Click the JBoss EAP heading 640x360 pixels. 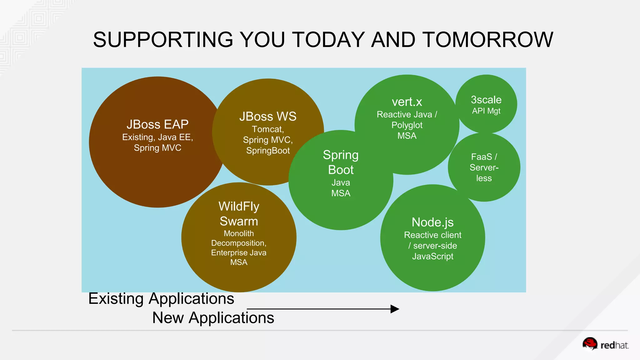(x=157, y=124)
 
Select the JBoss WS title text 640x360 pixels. (x=268, y=117)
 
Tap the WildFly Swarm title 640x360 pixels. (x=239, y=214)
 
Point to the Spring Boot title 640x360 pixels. (x=341, y=162)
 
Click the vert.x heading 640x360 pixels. (x=407, y=102)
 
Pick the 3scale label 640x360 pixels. (x=486, y=100)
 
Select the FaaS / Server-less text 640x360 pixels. (x=484, y=167)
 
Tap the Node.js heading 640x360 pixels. (x=432, y=222)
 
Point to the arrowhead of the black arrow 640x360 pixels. (x=395, y=309)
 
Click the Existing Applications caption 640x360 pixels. (x=161, y=298)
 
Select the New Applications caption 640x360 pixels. (x=213, y=318)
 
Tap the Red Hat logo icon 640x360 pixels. (x=590, y=344)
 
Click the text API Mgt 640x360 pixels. (x=486, y=111)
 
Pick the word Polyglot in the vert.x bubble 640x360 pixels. (x=407, y=125)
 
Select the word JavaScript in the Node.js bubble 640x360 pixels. (x=432, y=256)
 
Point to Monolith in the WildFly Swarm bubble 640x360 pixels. (x=239, y=233)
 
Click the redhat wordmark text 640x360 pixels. (x=614, y=345)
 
